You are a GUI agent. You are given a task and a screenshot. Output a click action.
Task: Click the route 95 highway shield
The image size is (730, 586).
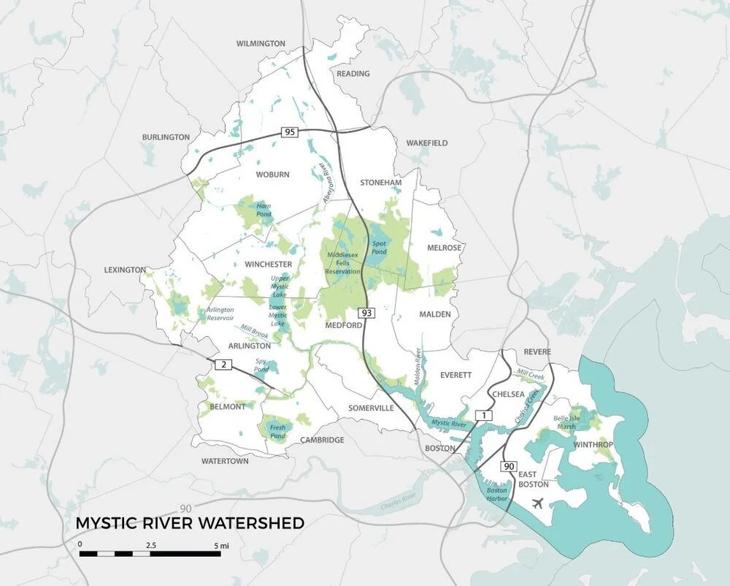pyautogui.click(x=290, y=132)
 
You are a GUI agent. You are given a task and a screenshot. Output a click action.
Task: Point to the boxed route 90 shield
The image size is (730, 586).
pyautogui.click(x=508, y=465)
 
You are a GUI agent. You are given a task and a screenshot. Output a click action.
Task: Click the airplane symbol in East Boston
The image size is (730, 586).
pyautogui.click(x=539, y=503)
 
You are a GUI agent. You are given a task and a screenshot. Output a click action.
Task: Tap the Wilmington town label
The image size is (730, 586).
pyautogui.click(x=261, y=44)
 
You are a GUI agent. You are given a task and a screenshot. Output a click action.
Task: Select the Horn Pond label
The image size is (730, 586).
pyautogui.click(x=264, y=210)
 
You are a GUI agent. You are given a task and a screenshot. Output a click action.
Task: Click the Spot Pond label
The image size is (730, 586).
pyautogui.click(x=379, y=248)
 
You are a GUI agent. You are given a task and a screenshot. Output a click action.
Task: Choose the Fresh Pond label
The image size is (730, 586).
pyautogui.click(x=277, y=430)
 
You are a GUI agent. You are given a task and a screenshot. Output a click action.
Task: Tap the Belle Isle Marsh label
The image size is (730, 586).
pyautogui.click(x=571, y=422)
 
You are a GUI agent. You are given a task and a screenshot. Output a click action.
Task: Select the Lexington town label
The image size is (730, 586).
pyautogui.click(x=125, y=270)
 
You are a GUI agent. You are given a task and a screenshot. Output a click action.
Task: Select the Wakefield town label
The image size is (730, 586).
pyautogui.click(x=427, y=143)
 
